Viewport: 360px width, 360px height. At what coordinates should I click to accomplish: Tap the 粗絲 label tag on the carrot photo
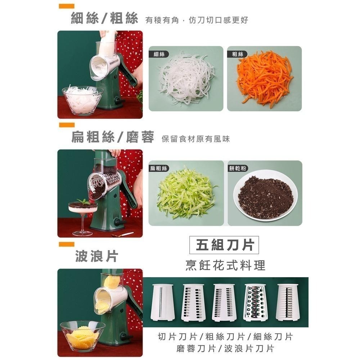[x=237, y=54]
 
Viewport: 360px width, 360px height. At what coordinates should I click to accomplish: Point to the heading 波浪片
[x=96, y=257]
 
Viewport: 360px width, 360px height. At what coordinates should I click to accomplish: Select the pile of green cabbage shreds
[x=185, y=194]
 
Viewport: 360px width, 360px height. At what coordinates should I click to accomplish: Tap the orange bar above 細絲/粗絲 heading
[x=67, y=6]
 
